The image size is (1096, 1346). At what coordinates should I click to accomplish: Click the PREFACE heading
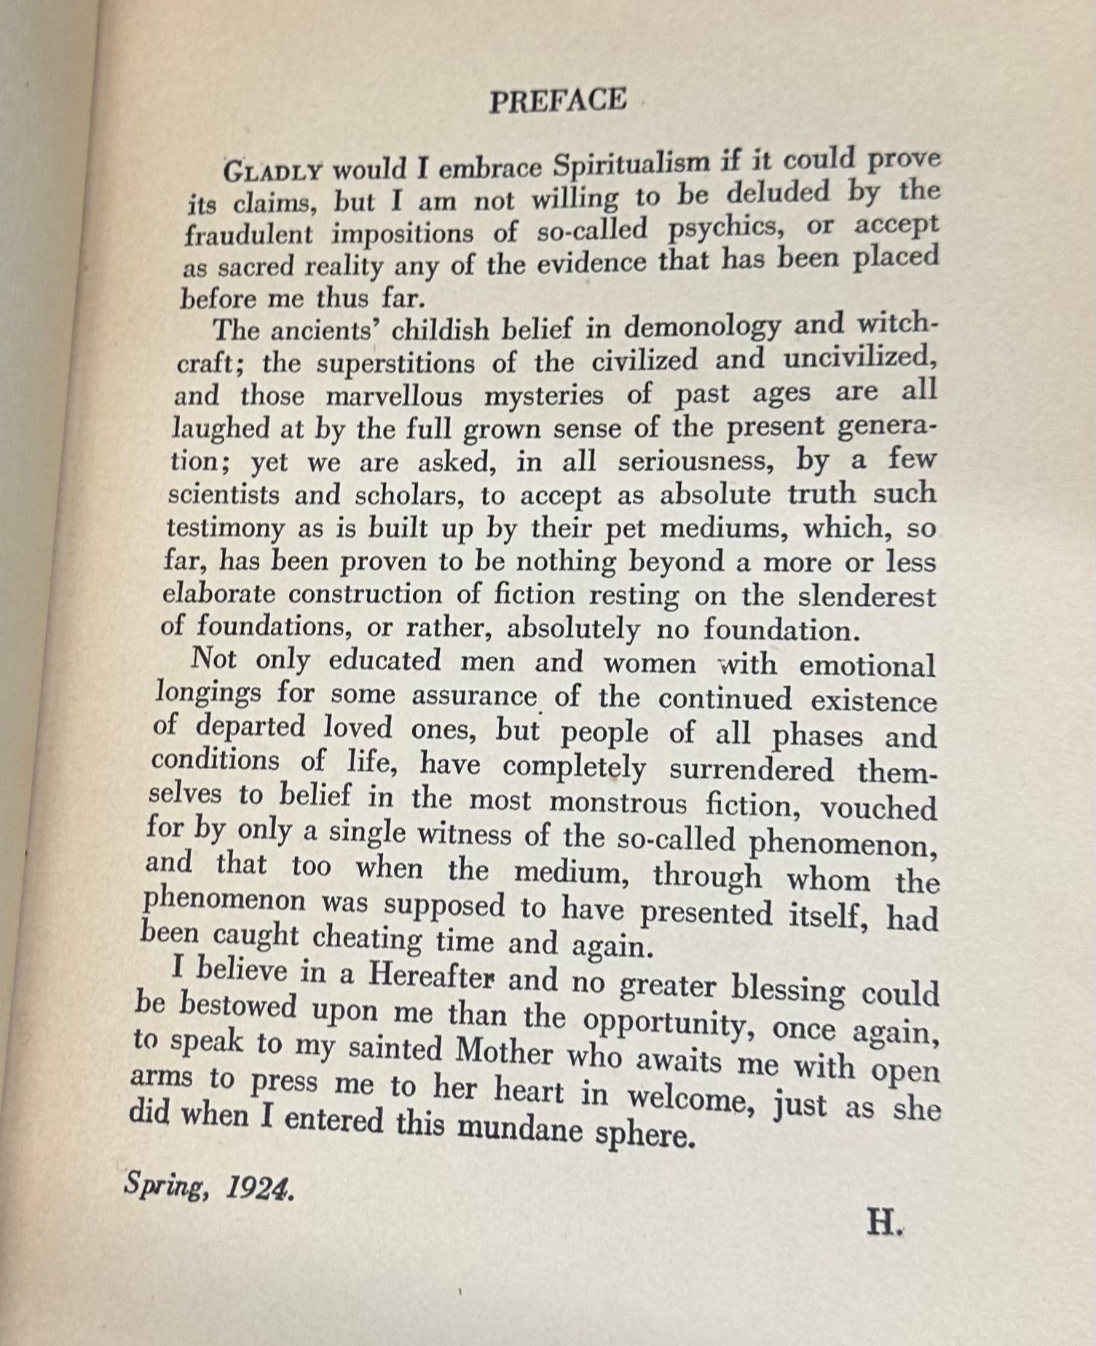tap(557, 101)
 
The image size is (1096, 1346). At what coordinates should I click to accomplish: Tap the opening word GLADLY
tap(272, 172)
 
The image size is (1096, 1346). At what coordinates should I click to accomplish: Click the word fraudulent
tap(248, 235)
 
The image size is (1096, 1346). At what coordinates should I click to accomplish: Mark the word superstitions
tap(395, 363)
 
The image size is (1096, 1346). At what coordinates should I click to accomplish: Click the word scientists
tap(224, 495)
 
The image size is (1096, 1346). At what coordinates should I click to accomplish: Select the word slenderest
tap(867, 596)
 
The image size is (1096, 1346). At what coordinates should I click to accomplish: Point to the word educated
tap(385, 660)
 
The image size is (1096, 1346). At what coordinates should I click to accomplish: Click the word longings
tap(208, 691)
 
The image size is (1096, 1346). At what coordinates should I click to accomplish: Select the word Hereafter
tap(431, 975)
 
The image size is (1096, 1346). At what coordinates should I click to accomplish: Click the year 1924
tap(260, 1189)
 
